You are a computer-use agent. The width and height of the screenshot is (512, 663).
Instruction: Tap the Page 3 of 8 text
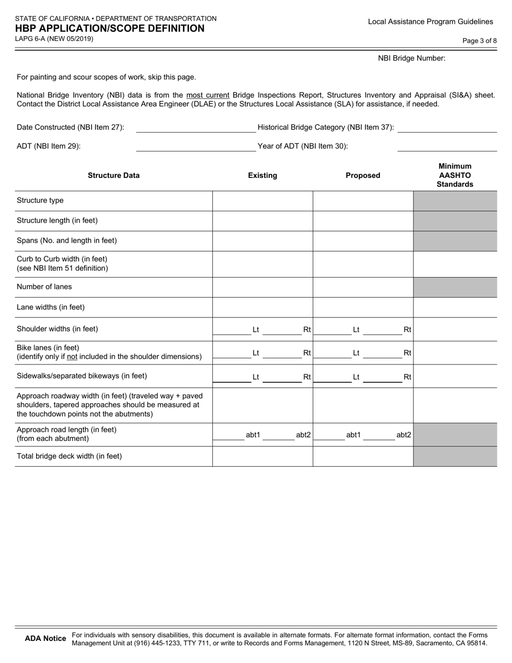pos(480,40)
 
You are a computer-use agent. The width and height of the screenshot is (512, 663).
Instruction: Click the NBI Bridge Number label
pos(412,58)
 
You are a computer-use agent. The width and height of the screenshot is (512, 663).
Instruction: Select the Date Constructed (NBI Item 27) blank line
pos(196,128)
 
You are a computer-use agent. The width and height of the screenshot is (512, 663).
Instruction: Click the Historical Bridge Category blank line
pos(447,128)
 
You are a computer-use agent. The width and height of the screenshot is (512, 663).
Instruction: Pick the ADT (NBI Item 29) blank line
pos(196,147)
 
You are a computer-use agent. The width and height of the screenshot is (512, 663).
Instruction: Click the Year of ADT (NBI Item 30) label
pos(303,146)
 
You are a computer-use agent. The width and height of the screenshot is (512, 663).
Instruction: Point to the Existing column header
pos(262,175)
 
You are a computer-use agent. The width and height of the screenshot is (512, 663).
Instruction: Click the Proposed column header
pos(363,175)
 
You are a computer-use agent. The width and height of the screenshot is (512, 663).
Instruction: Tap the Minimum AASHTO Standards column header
pos(455,175)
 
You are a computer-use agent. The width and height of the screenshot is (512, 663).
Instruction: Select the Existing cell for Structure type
pos(262,201)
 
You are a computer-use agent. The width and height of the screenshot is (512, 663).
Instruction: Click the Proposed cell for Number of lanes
pos(363,287)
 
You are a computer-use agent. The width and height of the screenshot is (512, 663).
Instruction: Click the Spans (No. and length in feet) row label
pos(67,240)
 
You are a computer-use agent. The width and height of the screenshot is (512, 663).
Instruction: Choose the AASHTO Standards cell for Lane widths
pos(455,307)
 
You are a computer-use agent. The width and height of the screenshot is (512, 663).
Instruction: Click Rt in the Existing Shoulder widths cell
pos(307,329)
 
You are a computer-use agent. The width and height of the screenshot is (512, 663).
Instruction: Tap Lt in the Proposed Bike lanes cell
pos(356,353)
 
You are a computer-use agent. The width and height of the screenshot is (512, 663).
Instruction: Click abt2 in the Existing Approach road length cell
pos(303,434)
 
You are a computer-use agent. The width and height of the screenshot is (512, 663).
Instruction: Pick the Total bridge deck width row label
pos(70,456)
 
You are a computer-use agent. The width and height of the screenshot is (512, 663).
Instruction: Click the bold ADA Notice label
pos(46,639)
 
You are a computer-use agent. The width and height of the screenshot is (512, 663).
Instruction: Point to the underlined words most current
pos(207,95)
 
